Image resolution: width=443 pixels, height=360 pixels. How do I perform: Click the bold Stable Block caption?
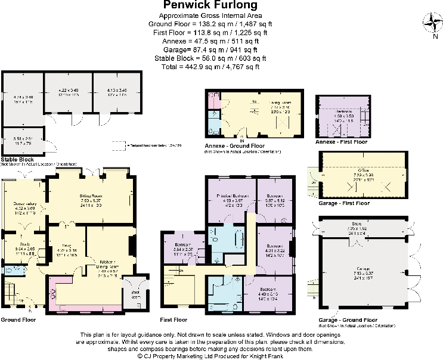(18, 160)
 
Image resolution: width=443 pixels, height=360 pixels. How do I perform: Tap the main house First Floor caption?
(177, 319)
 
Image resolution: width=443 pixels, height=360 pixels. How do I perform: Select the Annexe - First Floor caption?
(341, 142)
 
